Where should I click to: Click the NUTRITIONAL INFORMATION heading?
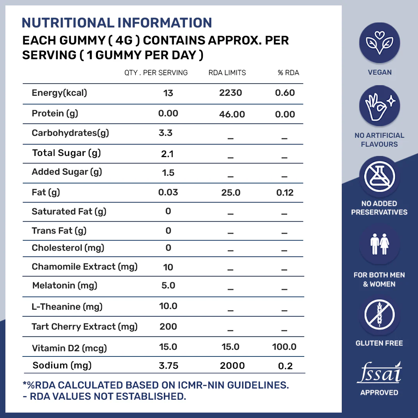pyautogui.click(x=116, y=23)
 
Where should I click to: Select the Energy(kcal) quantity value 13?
pyautogui.click(x=168, y=93)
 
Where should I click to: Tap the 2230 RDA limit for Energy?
pyautogui.click(x=231, y=93)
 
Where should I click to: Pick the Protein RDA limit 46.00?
pyautogui.click(x=232, y=114)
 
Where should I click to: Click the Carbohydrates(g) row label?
pyautogui.click(x=70, y=133)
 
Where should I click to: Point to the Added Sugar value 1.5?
pyautogui.click(x=168, y=173)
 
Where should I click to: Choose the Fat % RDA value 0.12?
pyautogui.click(x=285, y=192)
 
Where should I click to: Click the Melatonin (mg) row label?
pyautogui.click(x=65, y=286)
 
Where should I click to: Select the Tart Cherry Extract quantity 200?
pyautogui.click(x=168, y=327)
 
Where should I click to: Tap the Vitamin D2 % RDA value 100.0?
pyautogui.click(x=284, y=347)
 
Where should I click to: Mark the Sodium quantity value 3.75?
pyautogui.click(x=168, y=366)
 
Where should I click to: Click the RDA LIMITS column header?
pyautogui.click(x=227, y=73)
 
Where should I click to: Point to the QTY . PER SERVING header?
pyautogui.click(x=156, y=73)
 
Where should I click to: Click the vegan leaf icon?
pyautogui.click(x=379, y=42)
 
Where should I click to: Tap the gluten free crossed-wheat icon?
pyautogui.click(x=379, y=315)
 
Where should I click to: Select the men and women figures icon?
pyautogui.click(x=379, y=245)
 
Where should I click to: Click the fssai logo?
pyautogui.click(x=379, y=374)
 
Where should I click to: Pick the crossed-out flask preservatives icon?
pyautogui.click(x=379, y=176)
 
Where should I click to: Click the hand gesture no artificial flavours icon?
pyautogui.click(x=379, y=106)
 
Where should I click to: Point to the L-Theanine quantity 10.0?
pyautogui.click(x=168, y=306)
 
